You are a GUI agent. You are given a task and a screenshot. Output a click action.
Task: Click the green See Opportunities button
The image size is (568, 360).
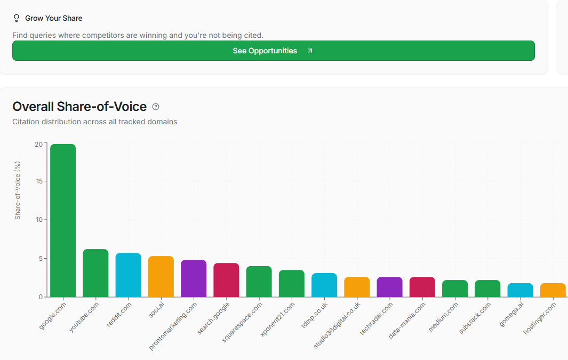click(x=273, y=51)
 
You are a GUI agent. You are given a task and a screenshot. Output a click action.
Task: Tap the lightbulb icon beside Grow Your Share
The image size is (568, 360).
click(x=17, y=18)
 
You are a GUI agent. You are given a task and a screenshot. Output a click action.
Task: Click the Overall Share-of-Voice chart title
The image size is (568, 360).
click(x=79, y=107)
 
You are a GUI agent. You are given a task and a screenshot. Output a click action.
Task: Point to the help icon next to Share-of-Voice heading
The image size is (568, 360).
click(x=156, y=107)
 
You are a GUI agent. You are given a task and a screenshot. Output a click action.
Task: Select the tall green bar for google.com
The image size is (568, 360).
click(x=63, y=220)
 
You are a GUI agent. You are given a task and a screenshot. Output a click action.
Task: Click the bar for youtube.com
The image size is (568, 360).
click(x=95, y=273)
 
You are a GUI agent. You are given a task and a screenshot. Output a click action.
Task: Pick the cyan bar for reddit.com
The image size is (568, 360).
click(x=128, y=275)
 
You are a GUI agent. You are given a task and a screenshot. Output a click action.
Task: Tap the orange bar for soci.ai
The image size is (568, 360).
click(x=161, y=277)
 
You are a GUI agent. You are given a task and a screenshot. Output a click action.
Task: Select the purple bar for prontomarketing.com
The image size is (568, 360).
click(x=194, y=278)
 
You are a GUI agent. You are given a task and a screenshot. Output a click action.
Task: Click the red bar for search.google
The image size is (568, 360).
click(x=226, y=280)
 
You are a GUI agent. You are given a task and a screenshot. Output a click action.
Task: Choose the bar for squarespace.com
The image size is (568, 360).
click(x=259, y=282)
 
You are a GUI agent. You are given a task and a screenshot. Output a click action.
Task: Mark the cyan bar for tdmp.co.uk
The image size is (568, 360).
click(x=324, y=285)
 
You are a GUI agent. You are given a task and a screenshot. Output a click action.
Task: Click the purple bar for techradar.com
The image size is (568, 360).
click(x=389, y=287)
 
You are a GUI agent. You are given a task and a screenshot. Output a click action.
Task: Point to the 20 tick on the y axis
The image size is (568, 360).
click(x=38, y=144)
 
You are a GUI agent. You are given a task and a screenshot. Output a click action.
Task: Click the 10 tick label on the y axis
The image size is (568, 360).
click(x=38, y=220)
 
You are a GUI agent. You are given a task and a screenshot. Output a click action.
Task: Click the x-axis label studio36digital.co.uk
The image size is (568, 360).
click(x=338, y=325)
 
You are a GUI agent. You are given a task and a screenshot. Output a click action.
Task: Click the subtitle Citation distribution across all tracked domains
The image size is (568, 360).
click(x=94, y=122)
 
